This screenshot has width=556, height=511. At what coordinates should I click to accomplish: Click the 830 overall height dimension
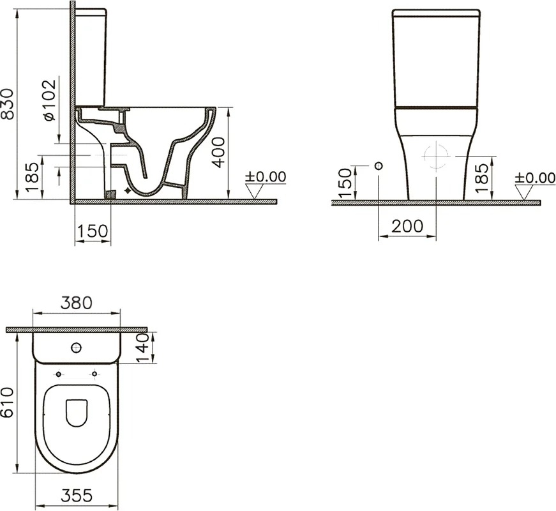click(x=7, y=104)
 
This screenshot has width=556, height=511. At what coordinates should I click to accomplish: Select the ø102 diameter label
click(x=50, y=100)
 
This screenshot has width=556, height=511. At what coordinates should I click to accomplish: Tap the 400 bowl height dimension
click(x=218, y=152)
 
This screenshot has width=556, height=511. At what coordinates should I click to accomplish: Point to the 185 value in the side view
click(x=33, y=177)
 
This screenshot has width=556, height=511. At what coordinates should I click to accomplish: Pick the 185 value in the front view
click(x=482, y=178)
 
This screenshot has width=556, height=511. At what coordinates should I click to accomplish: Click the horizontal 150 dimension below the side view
click(x=92, y=231)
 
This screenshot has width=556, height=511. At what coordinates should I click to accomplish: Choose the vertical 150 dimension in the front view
click(x=345, y=183)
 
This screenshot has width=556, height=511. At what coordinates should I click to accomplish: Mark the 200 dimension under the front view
click(x=407, y=226)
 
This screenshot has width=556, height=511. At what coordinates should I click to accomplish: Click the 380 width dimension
click(x=76, y=303)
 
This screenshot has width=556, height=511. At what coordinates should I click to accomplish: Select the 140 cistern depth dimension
click(x=143, y=347)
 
